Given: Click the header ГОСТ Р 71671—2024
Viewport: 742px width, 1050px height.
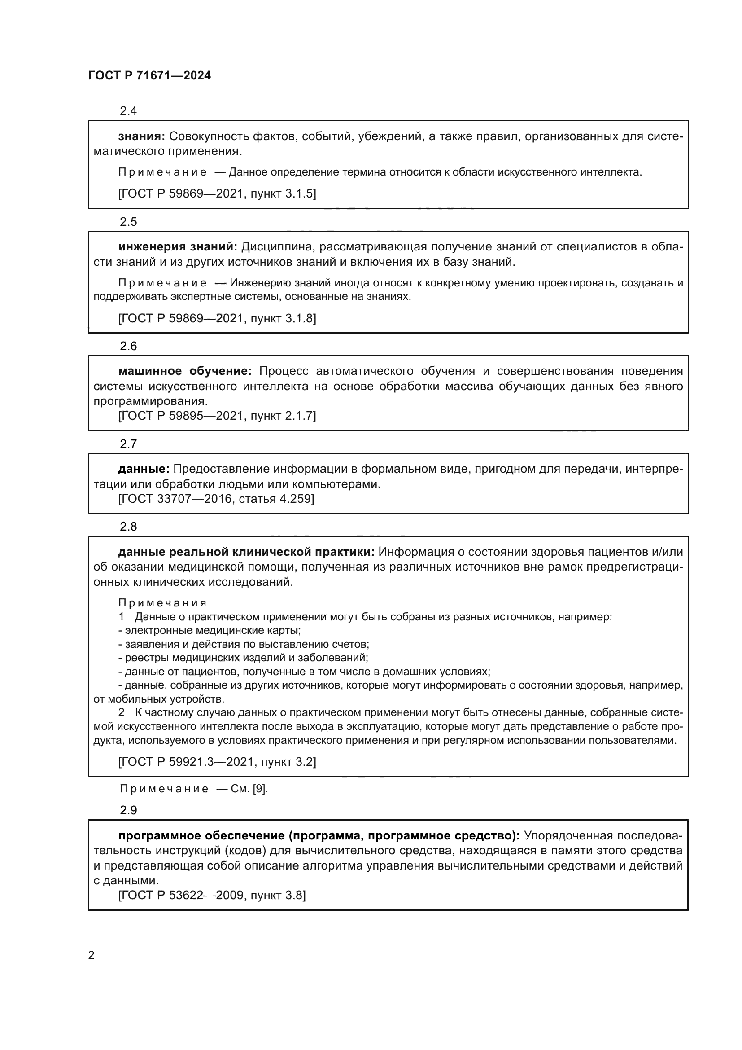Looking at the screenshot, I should tap(149, 76).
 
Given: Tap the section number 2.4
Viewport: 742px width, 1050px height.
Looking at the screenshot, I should tap(128, 111).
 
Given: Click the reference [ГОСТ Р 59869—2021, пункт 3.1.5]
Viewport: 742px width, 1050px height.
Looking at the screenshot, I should tap(217, 193).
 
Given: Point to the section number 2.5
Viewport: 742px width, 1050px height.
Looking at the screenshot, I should tap(128, 222).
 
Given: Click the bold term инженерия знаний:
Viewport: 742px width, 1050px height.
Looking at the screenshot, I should tap(178, 247).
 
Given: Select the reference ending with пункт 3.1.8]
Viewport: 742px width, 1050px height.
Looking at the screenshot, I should tap(217, 318).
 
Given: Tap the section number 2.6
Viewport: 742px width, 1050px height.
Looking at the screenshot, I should tap(128, 346).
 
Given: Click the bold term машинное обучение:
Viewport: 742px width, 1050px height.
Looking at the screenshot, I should tap(185, 371).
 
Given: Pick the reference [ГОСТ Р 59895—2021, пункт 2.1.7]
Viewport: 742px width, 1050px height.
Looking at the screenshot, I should tap(217, 416).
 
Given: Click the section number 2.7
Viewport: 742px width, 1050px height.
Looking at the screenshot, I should tap(128, 444).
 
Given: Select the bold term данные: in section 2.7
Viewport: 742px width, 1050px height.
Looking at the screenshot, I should tap(144, 469).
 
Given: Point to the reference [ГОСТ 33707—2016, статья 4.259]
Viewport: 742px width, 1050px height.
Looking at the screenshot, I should tap(216, 498).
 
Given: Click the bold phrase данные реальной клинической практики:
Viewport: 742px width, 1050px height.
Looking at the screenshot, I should tap(246, 552).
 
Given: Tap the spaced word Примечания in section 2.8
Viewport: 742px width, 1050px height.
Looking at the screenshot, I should tap(163, 603).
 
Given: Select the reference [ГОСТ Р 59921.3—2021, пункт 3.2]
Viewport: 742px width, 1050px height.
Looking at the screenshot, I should tap(217, 762).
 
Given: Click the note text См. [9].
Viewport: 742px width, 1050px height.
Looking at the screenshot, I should tap(249, 789).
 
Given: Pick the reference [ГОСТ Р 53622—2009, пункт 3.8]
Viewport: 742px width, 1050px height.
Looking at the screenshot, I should tap(212, 895).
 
